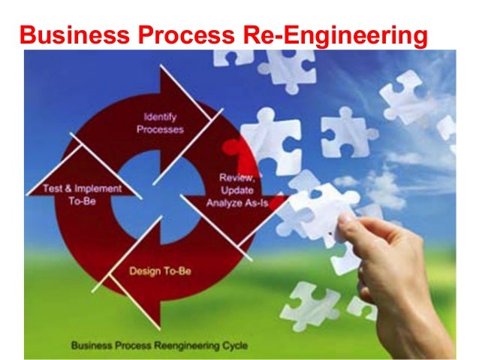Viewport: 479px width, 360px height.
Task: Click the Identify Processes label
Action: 160,123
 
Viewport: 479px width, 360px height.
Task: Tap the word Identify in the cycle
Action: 160,116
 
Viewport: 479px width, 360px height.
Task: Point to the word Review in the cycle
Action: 235,177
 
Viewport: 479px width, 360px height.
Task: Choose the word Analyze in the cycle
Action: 224,201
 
